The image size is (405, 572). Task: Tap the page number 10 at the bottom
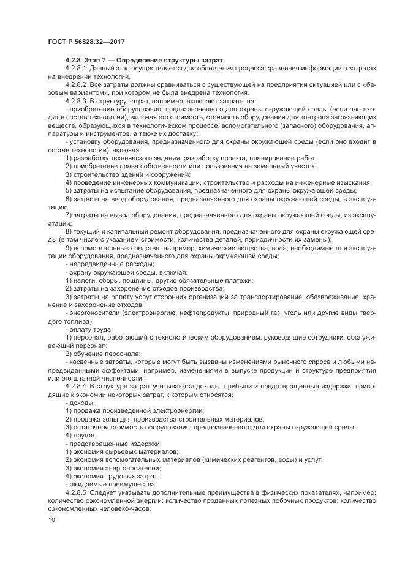coord(51,520)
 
